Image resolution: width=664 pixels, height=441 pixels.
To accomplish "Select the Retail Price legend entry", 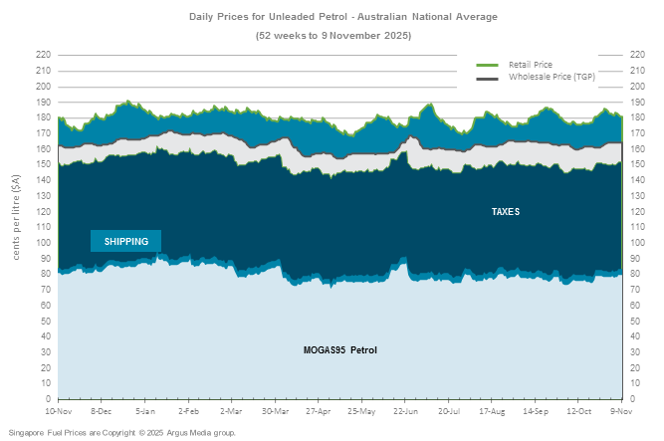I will point(530,65).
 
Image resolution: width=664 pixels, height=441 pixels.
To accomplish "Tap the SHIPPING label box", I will point(126,241).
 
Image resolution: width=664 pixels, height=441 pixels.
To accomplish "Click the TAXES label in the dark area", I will point(505,212).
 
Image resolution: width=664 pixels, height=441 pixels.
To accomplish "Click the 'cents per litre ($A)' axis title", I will point(17,211).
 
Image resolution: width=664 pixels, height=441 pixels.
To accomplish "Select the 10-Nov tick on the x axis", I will point(59,410).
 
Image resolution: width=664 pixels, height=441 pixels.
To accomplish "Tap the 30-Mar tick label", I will point(276,410).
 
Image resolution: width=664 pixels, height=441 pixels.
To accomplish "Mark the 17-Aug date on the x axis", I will point(493,410).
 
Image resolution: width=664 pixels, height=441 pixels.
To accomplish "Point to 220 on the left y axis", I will point(43,55).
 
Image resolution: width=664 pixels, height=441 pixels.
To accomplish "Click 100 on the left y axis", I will point(43,242).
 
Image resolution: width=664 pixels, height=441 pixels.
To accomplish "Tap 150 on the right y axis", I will point(637,164).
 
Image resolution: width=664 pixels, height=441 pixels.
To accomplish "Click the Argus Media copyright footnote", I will point(122,433).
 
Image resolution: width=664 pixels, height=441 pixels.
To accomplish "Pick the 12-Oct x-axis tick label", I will point(579,410).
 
